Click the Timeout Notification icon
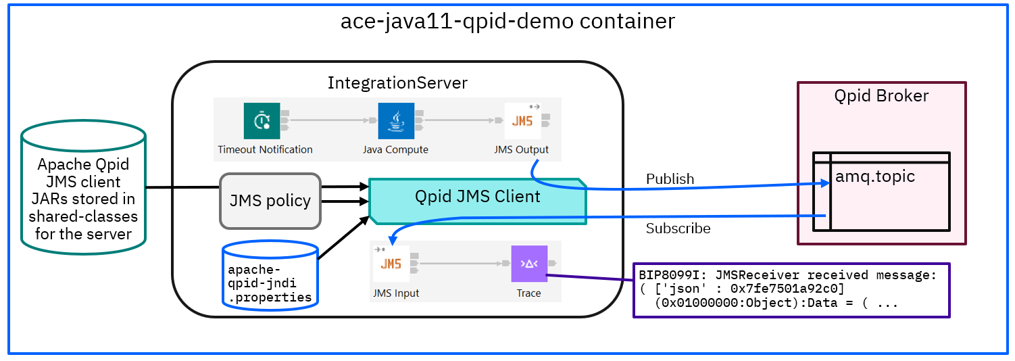point(262,121)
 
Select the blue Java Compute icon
point(395,121)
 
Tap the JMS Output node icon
point(522,121)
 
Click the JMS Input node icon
point(391,263)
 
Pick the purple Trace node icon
point(528,264)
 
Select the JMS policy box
point(270,201)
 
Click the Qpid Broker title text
point(881,96)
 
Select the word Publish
point(670,179)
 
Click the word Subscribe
point(678,228)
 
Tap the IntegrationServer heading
point(397,83)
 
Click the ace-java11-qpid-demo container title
point(507,21)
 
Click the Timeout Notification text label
point(265,149)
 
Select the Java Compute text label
point(395,149)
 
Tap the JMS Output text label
point(522,149)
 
